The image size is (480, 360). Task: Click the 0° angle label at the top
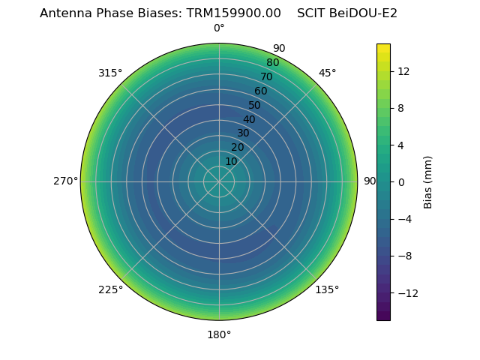[219, 28]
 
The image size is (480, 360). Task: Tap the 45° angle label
[327, 73]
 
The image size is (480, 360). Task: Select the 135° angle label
[327, 289]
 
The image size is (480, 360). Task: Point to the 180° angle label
[219, 334]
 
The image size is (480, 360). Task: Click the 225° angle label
[110, 289]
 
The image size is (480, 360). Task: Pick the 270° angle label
[65, 181]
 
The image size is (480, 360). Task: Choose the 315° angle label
[110, 73]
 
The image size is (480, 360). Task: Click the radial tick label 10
[231, 161]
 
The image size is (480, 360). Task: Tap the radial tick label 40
[249, 119]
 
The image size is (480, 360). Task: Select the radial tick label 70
[266, 77]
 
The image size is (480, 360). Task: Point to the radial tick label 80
[272, 63]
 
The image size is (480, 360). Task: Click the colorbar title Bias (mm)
[428, 181]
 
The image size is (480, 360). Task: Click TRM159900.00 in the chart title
[234, 13]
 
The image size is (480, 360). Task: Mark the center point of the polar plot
[219, 181]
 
